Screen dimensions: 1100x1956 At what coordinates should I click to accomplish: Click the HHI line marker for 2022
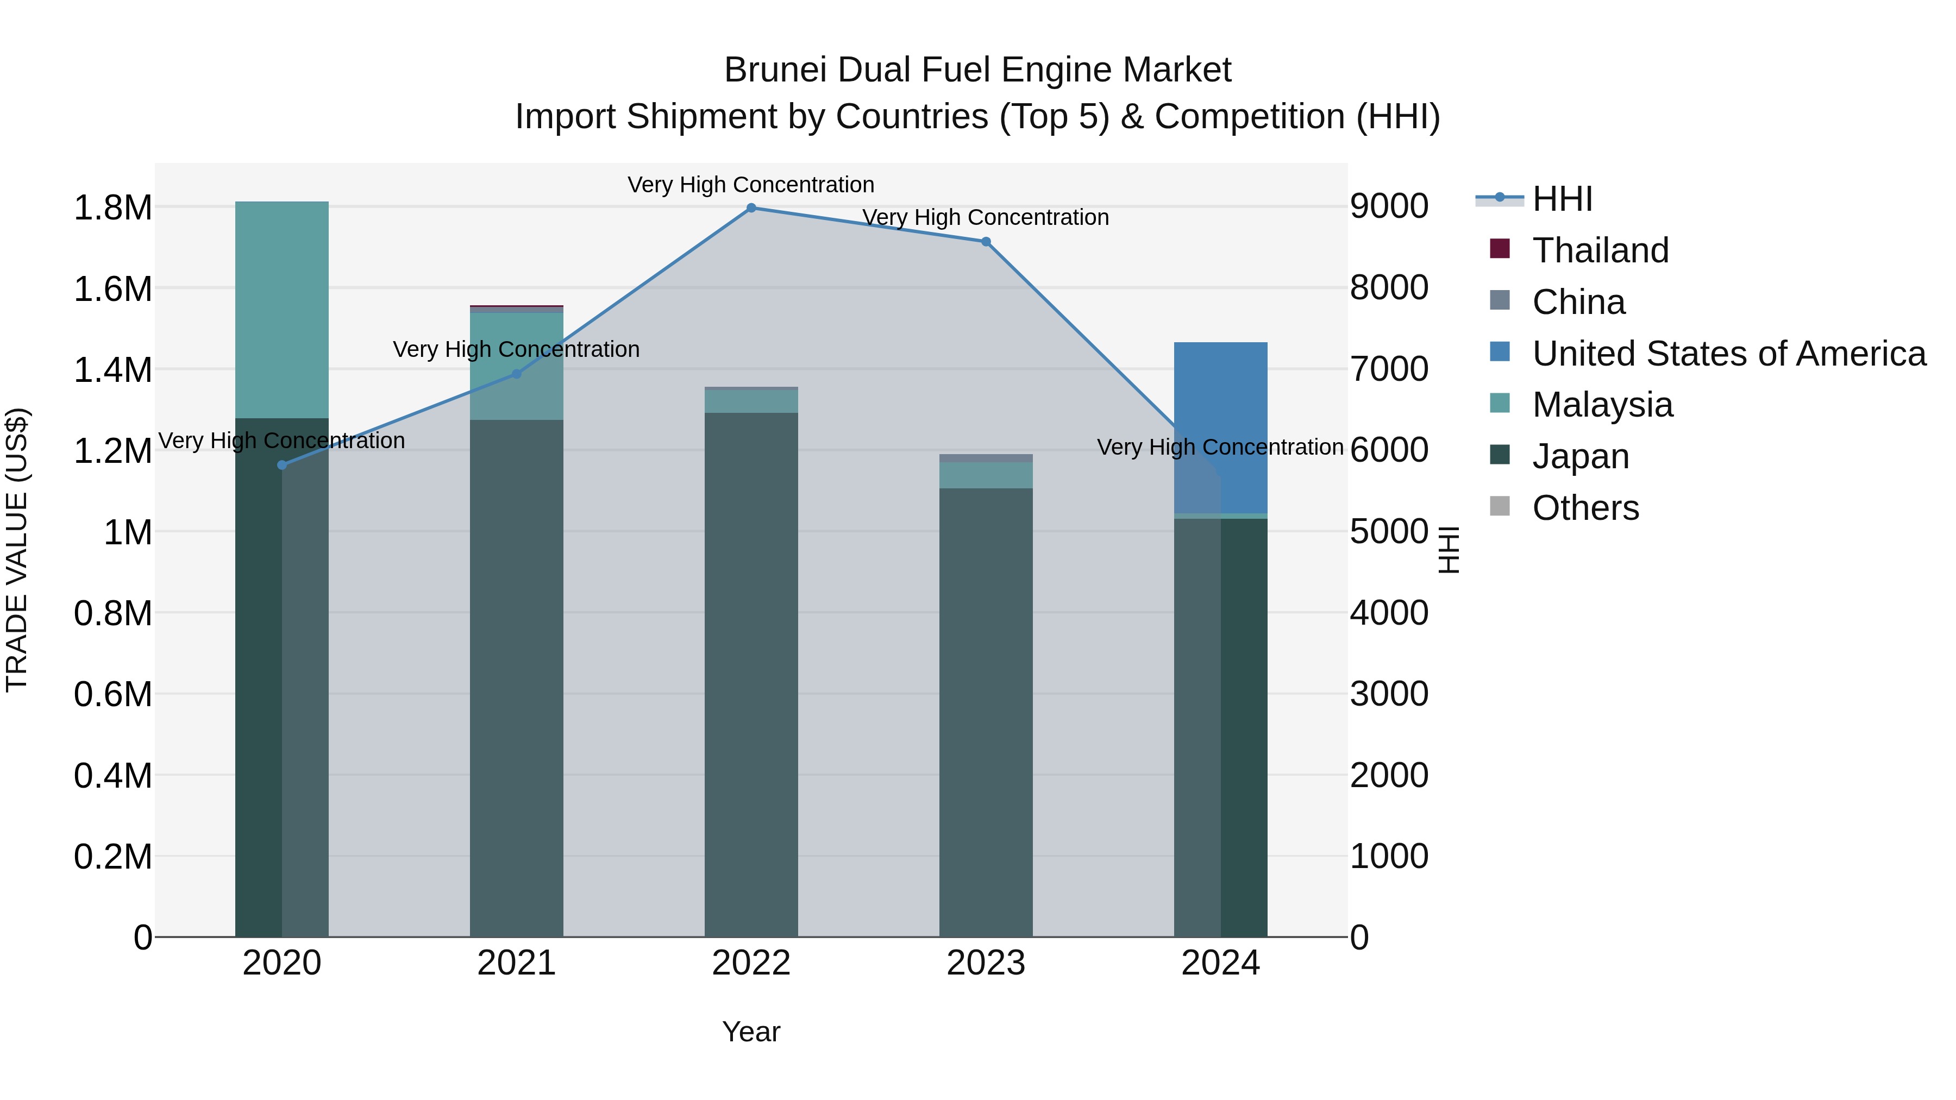click(x=751, y=208)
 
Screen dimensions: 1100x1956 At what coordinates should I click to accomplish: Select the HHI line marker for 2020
click(x=281, y=464)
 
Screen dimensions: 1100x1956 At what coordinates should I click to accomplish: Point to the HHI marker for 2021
click(x=516, y=374)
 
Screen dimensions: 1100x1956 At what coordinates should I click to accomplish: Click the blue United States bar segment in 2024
click(x=1220, y=410)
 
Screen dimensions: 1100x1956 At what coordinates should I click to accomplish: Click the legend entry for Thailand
click(x=1600, y=250)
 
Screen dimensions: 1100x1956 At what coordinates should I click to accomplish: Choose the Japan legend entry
click(x=1580, y=456)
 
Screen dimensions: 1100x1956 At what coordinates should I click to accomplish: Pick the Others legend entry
click(x=1585, y=508)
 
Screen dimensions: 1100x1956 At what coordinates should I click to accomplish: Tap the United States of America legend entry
click(x=1728, y=354)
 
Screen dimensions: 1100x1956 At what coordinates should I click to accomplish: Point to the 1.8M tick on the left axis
click(x=112, y=208)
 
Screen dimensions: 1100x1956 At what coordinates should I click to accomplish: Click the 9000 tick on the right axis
click(x=1389, y=206)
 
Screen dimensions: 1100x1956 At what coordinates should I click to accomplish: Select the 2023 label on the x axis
click(x=986, y=963)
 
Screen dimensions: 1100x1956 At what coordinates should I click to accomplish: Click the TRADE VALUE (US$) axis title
click(x=17, y=550)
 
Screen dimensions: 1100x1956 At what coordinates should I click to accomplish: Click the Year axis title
click(x=751, y=1032)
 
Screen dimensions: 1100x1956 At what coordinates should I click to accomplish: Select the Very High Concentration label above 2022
click(x=751, y=185)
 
